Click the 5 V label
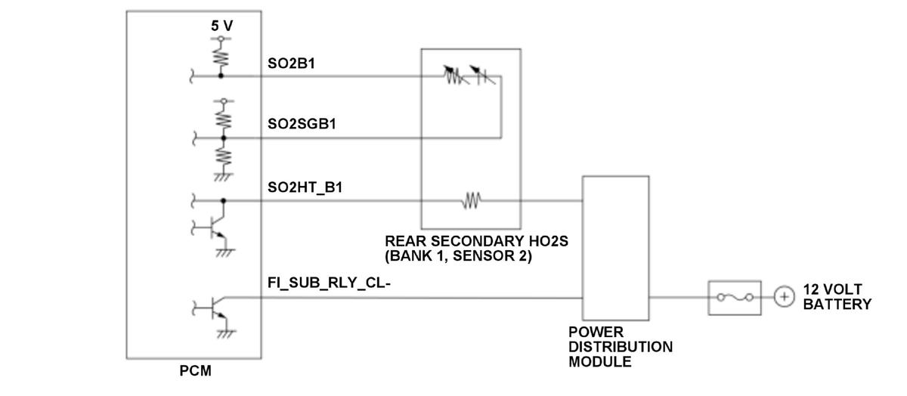(x=221, y=26)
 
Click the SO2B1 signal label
(x=291, y=63)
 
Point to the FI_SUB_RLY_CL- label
(x=329, y=283)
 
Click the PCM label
(x=195, y=371)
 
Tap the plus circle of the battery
(x=784, y=298)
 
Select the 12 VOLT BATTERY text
(x=836, y=297)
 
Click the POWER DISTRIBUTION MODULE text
(x=620, y=347)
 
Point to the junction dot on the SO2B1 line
(x=221, y=76)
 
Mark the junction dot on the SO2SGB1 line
(x=222, y=138)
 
